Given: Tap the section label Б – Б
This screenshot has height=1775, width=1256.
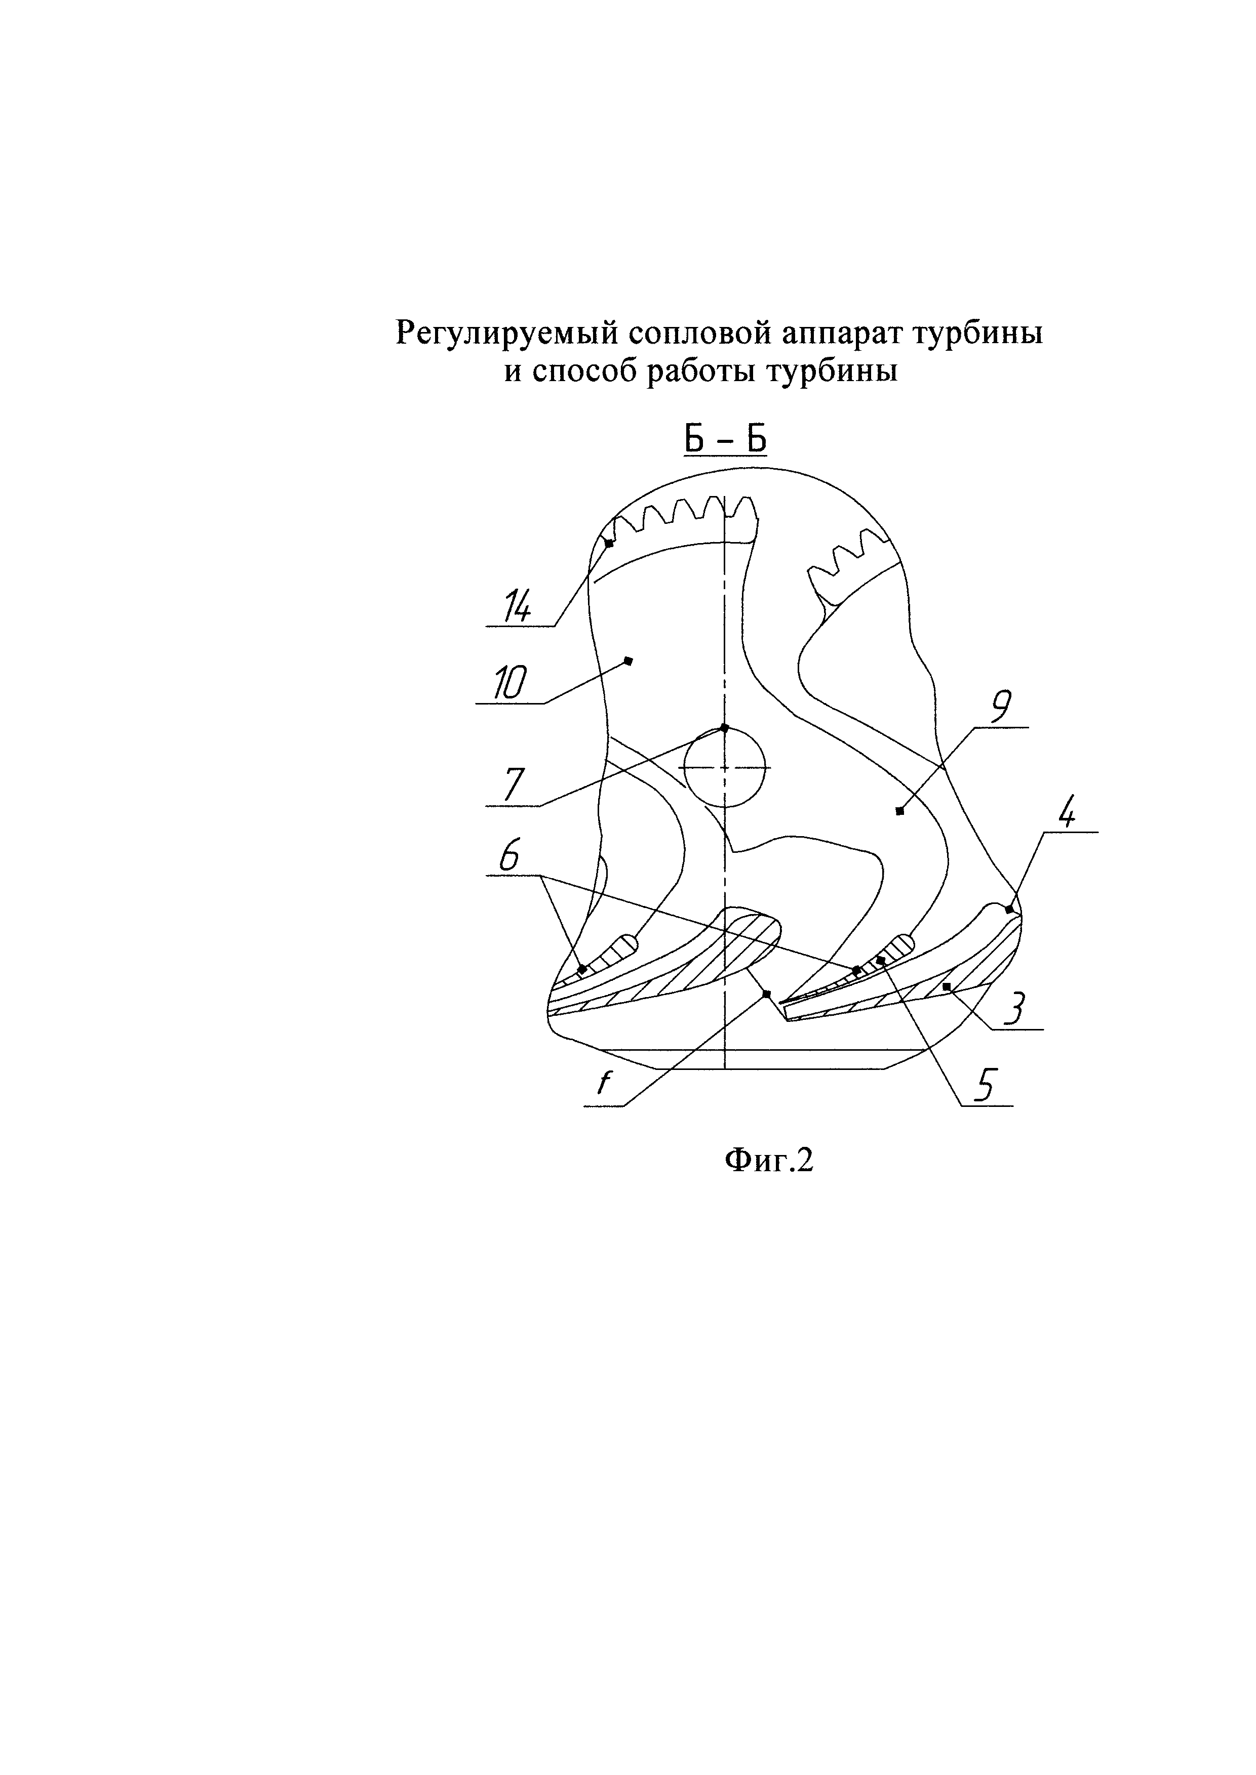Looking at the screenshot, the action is tap(725, 441).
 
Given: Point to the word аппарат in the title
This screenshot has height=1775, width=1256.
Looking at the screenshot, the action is tap(845, 334).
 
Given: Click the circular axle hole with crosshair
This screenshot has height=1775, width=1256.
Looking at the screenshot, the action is tap(725, 768).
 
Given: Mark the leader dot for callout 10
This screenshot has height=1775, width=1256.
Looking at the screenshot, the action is tap(628, 660).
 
